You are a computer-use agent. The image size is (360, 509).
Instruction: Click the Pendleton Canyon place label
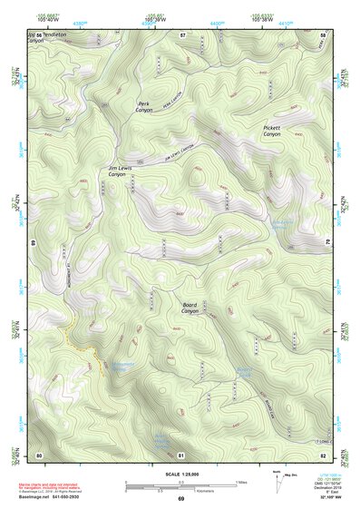pos(49,39)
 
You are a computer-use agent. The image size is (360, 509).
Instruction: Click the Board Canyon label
pos(189,308)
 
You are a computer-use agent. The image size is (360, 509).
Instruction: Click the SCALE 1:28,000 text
pos(180,473)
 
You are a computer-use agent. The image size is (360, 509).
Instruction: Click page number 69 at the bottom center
pos(180,499)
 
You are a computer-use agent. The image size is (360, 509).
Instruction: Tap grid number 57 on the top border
pos(181,34)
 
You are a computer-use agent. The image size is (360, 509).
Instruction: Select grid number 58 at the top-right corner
pos(324,34)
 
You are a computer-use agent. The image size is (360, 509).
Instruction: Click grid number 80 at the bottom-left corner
pos(38,454)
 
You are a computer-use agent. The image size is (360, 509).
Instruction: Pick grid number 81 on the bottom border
pos(181,454)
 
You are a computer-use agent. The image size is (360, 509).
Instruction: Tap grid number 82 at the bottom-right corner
pos(324,454)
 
